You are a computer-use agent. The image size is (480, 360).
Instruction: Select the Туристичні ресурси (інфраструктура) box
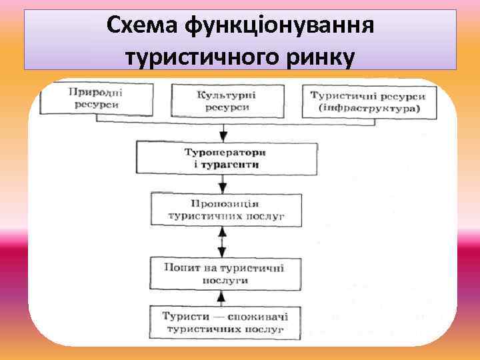click(x=369, y=102)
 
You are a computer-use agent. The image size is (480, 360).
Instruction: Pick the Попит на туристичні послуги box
click(x=223, y=273)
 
